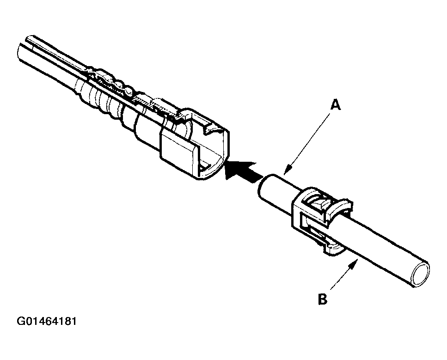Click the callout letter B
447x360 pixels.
pyautogui.click(x=323, y=299)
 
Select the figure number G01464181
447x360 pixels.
pyautogui.click(x=46, y=321)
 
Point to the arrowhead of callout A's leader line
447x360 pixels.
pyautogui.click(x=286, y=171)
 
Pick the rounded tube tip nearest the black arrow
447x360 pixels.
pyautogui.click(x=263, y=187)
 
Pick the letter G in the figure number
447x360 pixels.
pyautogui.click(x=21, y=321)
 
